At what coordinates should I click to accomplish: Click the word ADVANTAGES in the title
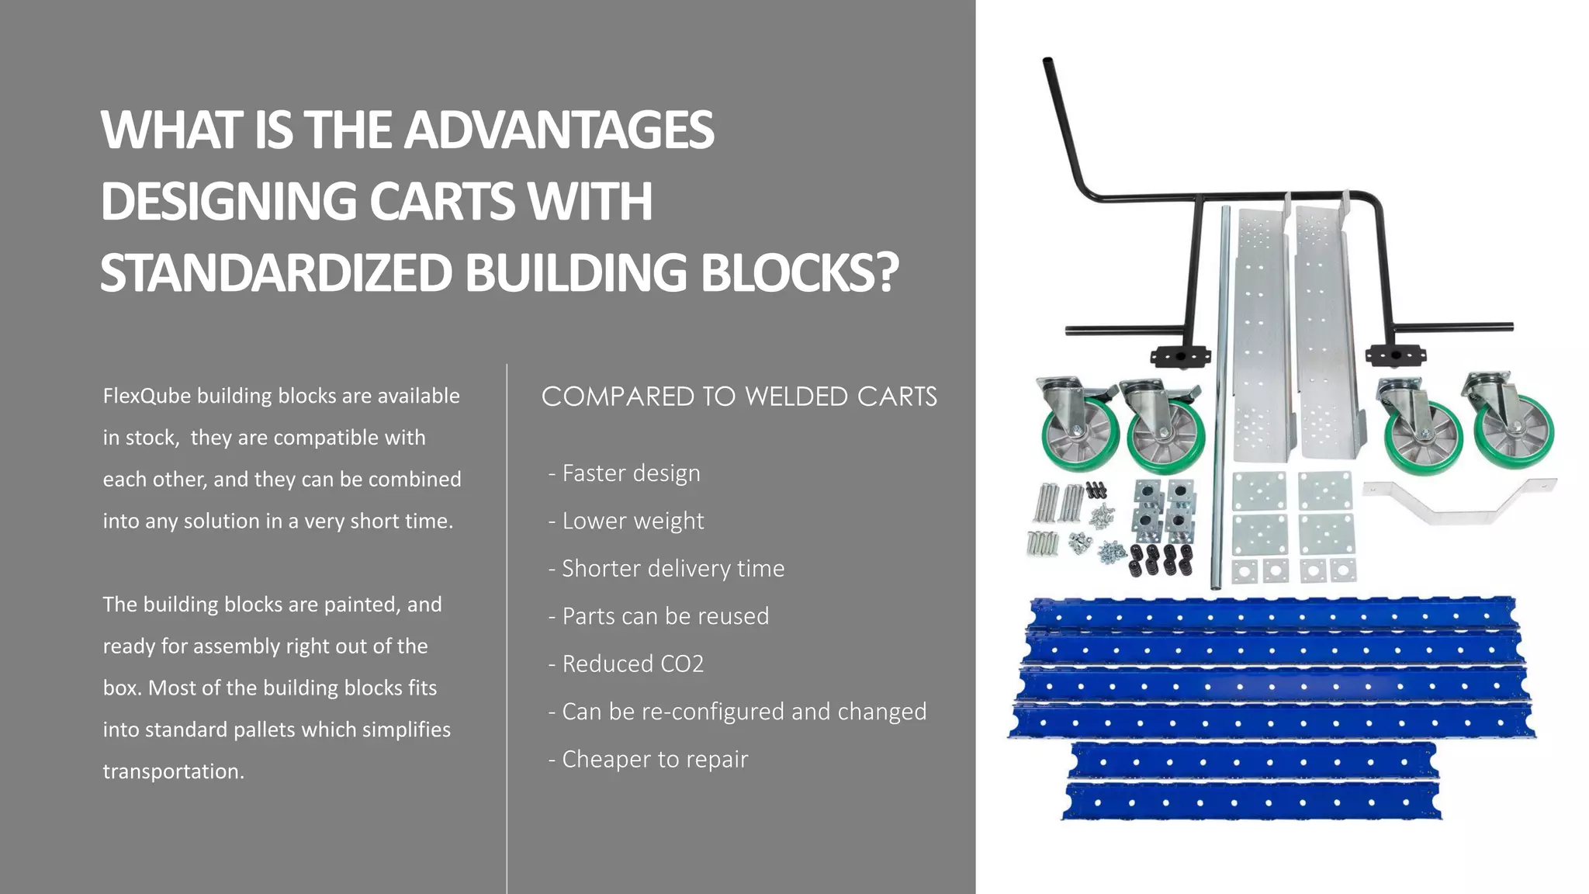(559, 130)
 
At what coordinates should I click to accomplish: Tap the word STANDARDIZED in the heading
(275, 273)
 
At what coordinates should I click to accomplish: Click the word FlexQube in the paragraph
(147, 396)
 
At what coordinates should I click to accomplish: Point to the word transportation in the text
(173, 771)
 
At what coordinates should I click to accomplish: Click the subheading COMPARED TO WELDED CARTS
(739, 397)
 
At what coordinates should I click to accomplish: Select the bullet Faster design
(624, 473)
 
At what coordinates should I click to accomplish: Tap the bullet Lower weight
(626, 521)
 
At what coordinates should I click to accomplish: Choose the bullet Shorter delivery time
(666, 569)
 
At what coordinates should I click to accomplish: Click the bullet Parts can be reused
(659, 616)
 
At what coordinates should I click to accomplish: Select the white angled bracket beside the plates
(1459, 501)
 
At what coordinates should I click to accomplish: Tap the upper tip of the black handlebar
(1047, 62)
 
